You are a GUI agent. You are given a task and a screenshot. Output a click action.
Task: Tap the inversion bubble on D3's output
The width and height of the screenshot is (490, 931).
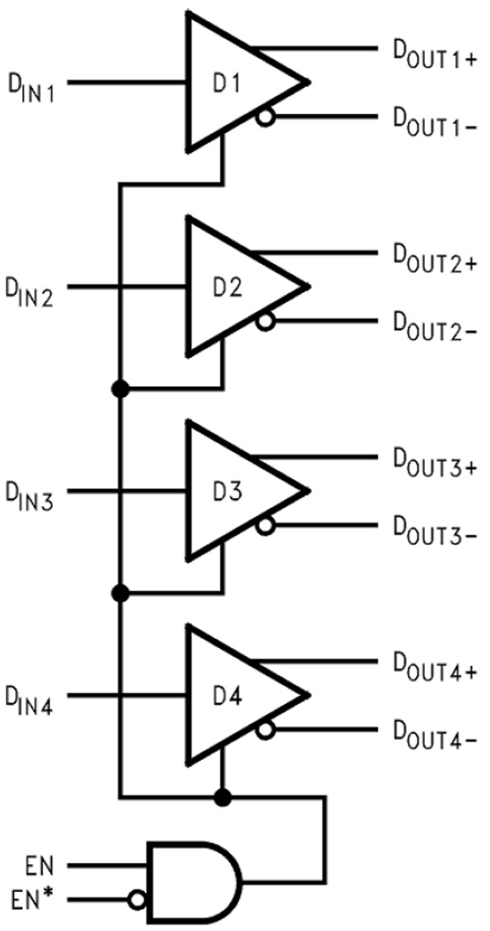click(267, 526)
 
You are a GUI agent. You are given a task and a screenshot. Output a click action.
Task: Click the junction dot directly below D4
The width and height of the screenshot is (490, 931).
click(223, 796)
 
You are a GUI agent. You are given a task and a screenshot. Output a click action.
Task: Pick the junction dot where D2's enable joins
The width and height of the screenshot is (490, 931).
click(121, 388)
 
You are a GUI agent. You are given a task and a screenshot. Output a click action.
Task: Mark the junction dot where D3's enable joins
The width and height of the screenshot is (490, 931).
click(121, 592)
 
